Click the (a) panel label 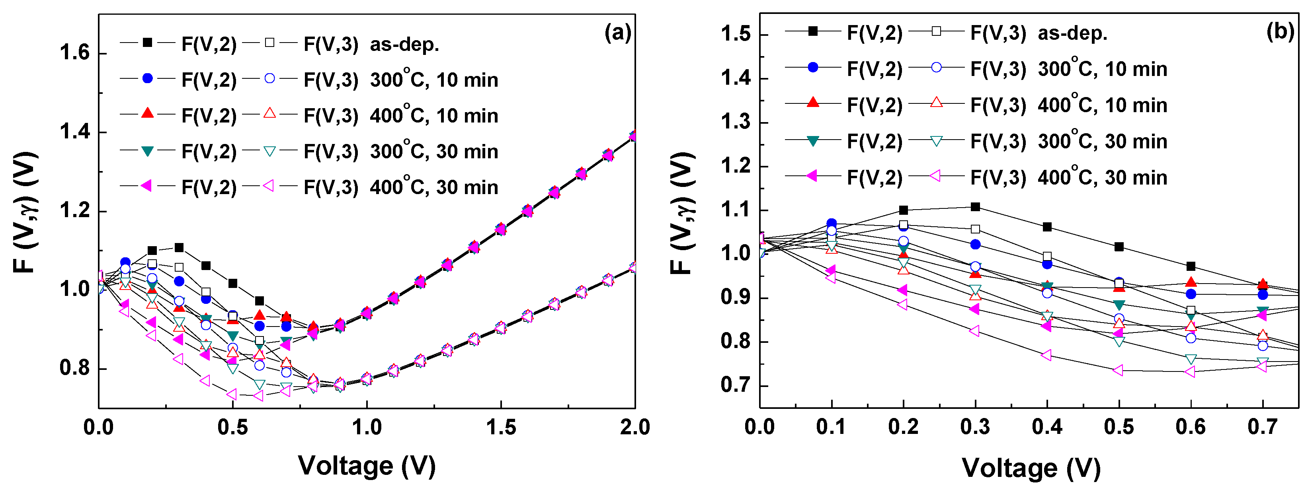(x=617, y=33)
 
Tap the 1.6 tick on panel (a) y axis (x=74, y=53)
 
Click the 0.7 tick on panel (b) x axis (x=1262, y=427)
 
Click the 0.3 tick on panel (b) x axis (x=974, y=427)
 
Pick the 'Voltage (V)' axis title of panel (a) (x=367, y=465)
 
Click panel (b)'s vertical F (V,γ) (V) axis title (x=682, y=213)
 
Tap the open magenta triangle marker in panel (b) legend (x=936, y=176)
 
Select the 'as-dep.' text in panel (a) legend (x=404, y=45)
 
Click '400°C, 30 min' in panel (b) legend (x=1102, y=177)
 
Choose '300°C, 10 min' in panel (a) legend (x=433, y=80)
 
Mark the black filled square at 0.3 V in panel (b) (x=975, y=207)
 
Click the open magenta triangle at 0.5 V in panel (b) (x=1119, y=370)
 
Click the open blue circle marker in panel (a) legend (x=270, y=78)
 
